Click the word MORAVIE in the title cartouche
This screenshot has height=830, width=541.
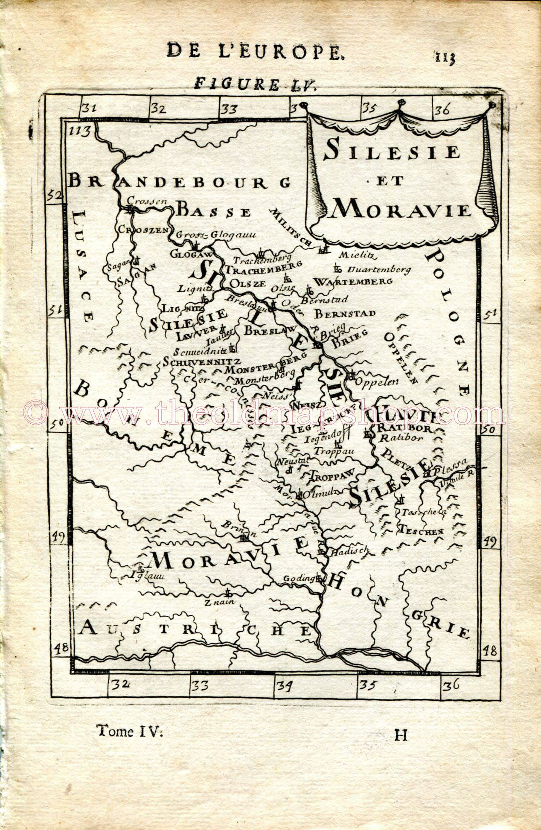400,210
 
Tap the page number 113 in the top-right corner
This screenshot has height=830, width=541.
445,57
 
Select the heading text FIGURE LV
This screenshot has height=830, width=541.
255,83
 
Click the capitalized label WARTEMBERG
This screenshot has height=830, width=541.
353,282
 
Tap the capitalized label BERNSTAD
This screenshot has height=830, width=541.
345,314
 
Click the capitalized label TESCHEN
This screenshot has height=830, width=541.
421,531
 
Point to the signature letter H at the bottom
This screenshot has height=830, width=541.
401,735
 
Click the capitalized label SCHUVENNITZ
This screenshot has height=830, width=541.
201,361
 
